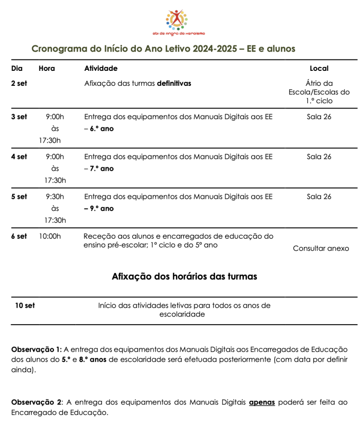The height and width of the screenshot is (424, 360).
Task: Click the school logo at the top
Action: pyautogui.click(x=179, y=22)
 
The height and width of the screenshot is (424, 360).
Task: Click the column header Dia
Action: pyautogui.click(x=17, y=68)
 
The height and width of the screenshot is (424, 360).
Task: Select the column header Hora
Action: pyautogui.click(x=46, y=68)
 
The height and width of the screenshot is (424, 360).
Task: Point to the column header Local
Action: pyautogui.click(x=319, y=68)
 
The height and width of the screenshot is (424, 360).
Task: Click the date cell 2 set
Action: pyautogui.click(x=19, y=83)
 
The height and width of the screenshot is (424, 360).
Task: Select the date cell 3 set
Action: pyautogui.click(x=19, y=117)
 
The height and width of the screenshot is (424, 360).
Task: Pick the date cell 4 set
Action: pyautogui.click(x=19, y=157)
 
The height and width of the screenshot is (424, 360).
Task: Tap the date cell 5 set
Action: pyautogui.click(x=19, y=197)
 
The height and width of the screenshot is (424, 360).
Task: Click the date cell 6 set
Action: pyautogui.click(x=19, y=236)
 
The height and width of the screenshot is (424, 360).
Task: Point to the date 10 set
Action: pyautogui.click(x=25, y=305)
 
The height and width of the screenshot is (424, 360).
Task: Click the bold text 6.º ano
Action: pyautogui.click(x=102, y=129)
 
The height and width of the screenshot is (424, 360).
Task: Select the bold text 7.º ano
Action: pyautogui.click(x=102, y=168)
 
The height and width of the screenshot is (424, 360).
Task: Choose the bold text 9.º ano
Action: pyautogui.click(x=102, y=208)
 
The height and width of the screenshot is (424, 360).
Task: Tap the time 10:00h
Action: pyautogui.click(x=51, y=236)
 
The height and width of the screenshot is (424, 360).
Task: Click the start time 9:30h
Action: pyautogui.click(x=55, y=197)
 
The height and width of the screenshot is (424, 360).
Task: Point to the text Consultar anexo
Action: pyautogui.click(x=321, y=249)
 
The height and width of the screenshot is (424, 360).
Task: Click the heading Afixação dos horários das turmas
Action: pyautogui.click(x=184, y=276)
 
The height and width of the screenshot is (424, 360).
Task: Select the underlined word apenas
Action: pyautogui.click(x=262, y=402)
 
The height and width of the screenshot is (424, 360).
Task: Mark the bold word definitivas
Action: pyautogui.click(x=174, y=83)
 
